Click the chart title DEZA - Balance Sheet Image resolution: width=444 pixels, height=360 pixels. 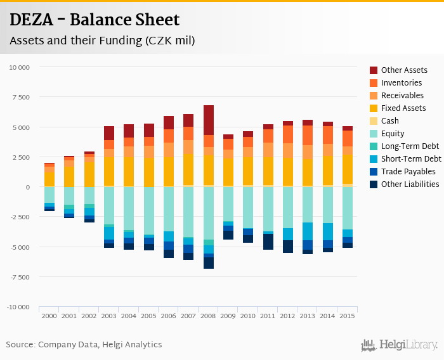coord(95,20)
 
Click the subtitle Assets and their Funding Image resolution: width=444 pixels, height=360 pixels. coord(101,41)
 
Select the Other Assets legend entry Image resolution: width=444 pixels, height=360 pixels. coord(404,70)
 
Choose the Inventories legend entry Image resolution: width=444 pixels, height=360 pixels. coord(402,83)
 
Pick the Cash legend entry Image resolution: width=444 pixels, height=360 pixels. coord(390,121)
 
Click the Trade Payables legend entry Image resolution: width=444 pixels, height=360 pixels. coord(408,172)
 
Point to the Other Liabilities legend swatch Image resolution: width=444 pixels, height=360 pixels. coord(374,184)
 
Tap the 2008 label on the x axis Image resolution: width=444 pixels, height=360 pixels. coord(209,316)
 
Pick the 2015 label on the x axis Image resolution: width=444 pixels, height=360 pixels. coord(348,316)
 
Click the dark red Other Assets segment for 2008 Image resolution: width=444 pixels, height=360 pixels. coord(209,120)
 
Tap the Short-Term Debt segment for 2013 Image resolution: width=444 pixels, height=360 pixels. coord(308,231)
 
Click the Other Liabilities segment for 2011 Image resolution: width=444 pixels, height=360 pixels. coord(268,241)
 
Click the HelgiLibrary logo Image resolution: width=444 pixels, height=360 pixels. coord(400,345)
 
